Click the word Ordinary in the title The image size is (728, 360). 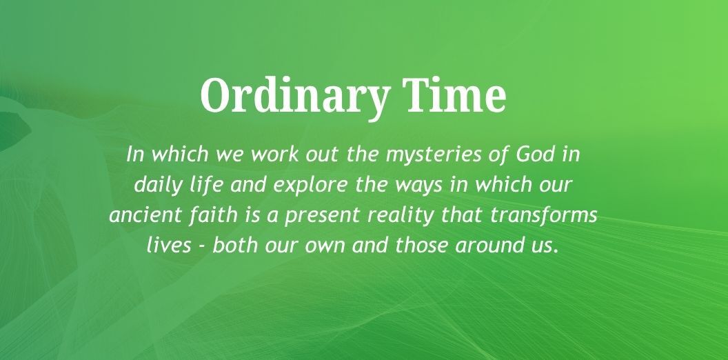pos(294,97)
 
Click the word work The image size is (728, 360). pos(275,154)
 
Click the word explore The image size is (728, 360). pos(310,186)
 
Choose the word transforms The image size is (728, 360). pos(543,215)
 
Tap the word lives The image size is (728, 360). pos(169,245)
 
